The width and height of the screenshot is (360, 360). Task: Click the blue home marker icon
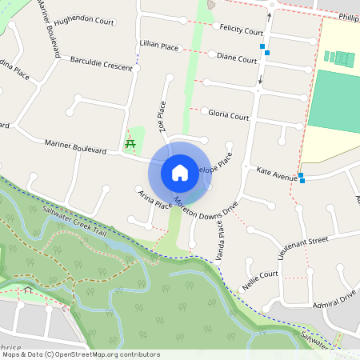180,172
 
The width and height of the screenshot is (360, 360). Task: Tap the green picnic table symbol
130,144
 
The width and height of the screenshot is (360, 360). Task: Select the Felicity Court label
242,31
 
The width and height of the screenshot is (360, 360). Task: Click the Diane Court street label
236,58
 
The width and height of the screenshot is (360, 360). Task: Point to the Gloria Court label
229,116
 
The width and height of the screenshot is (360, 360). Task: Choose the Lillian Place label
158,47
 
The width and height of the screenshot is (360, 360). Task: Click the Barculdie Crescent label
101,63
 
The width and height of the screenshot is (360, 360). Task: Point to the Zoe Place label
162,116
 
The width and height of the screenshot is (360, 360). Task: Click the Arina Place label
155,200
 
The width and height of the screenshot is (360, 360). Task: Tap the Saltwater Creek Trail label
75,222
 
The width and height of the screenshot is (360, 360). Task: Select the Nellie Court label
260,278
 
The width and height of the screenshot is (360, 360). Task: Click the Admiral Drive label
335,299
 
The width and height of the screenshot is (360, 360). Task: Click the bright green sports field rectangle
334,101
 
